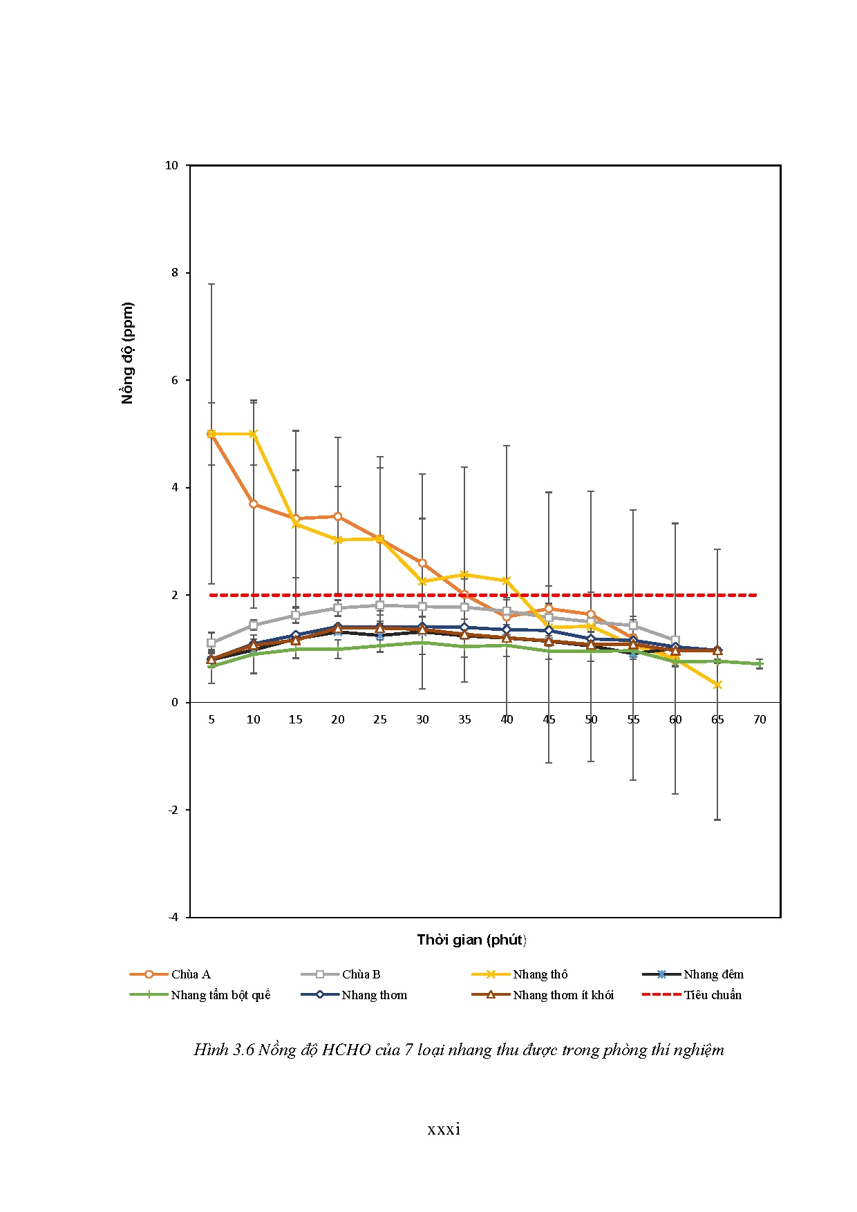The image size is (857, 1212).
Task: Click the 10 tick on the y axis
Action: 171,165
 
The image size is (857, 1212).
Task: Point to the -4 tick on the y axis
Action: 173,917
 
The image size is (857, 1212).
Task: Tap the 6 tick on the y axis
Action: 175,380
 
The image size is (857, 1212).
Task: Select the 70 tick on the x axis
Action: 760,719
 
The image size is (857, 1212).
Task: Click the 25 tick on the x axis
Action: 380,719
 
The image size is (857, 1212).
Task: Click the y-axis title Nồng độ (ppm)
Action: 127,353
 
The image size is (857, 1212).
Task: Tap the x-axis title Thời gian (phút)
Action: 471,940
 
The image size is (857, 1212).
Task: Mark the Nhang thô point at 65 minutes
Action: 717,685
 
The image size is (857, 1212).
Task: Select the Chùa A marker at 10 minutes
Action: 254,504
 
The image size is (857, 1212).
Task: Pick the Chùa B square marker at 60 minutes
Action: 675,641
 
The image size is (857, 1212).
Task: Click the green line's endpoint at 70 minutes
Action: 760,663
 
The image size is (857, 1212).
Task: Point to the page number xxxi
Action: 444,1130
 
